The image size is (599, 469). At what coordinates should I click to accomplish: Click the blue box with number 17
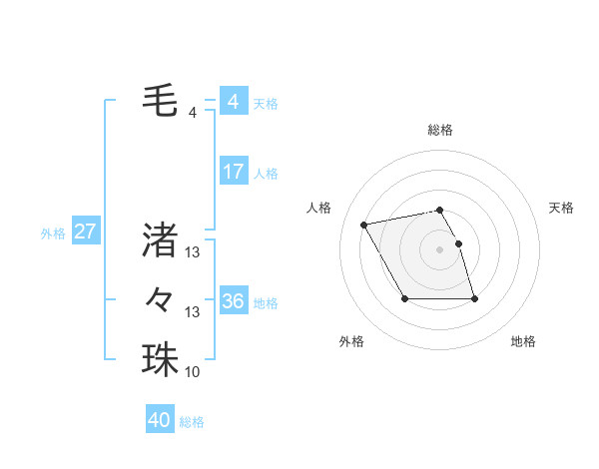(233, 172)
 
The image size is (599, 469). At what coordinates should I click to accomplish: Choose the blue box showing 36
(233, 300)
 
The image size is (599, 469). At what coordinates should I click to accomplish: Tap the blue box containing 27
(85, 233)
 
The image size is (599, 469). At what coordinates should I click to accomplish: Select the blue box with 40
(160, 420)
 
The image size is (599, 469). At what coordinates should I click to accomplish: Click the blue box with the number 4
(233, 102)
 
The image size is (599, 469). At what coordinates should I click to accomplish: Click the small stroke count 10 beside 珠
(193, 372)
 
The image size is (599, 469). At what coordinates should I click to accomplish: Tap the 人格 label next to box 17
(266, 174)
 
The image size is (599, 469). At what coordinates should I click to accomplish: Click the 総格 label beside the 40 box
(193, 422)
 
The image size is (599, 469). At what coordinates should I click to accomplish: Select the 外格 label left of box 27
(53, 234)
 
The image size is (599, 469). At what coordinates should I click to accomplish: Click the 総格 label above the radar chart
(440, 130)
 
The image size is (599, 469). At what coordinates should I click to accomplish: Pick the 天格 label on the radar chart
(562, 208)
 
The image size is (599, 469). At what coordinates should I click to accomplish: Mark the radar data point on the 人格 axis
(364, 224)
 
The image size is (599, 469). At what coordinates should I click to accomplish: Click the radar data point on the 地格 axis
(474, 298)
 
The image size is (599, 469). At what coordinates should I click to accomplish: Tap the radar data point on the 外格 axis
(404, 298)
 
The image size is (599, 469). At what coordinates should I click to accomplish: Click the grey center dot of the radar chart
(440, 249)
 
